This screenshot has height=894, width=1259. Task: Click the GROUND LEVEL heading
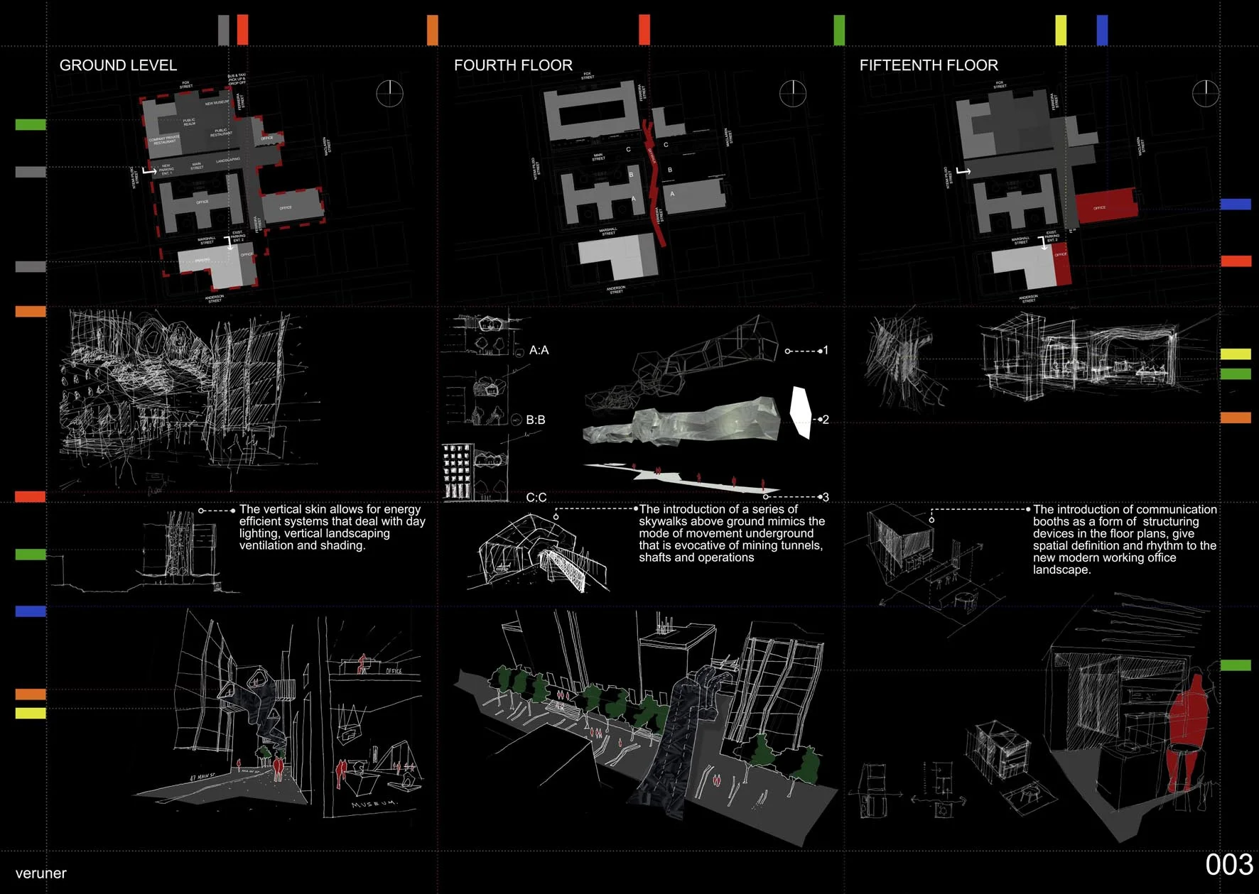118,65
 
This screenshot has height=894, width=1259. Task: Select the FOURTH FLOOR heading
513,65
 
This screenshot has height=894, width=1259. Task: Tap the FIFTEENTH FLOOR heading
929,65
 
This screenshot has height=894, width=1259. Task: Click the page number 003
1228,865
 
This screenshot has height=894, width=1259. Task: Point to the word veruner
40,873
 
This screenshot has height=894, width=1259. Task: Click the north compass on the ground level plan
389,93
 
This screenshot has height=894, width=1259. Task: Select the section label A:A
539,350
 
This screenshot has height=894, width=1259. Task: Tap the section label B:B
536,420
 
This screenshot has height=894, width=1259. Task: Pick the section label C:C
536,497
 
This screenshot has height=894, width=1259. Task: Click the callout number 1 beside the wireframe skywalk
825,350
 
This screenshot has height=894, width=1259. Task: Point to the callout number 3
826,497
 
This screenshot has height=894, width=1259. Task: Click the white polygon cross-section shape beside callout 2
801,412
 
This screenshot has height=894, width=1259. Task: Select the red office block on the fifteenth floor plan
1106,205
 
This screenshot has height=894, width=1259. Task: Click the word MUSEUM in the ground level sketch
374,803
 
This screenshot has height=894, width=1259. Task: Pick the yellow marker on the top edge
1061,30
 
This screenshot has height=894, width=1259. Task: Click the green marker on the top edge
839,30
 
